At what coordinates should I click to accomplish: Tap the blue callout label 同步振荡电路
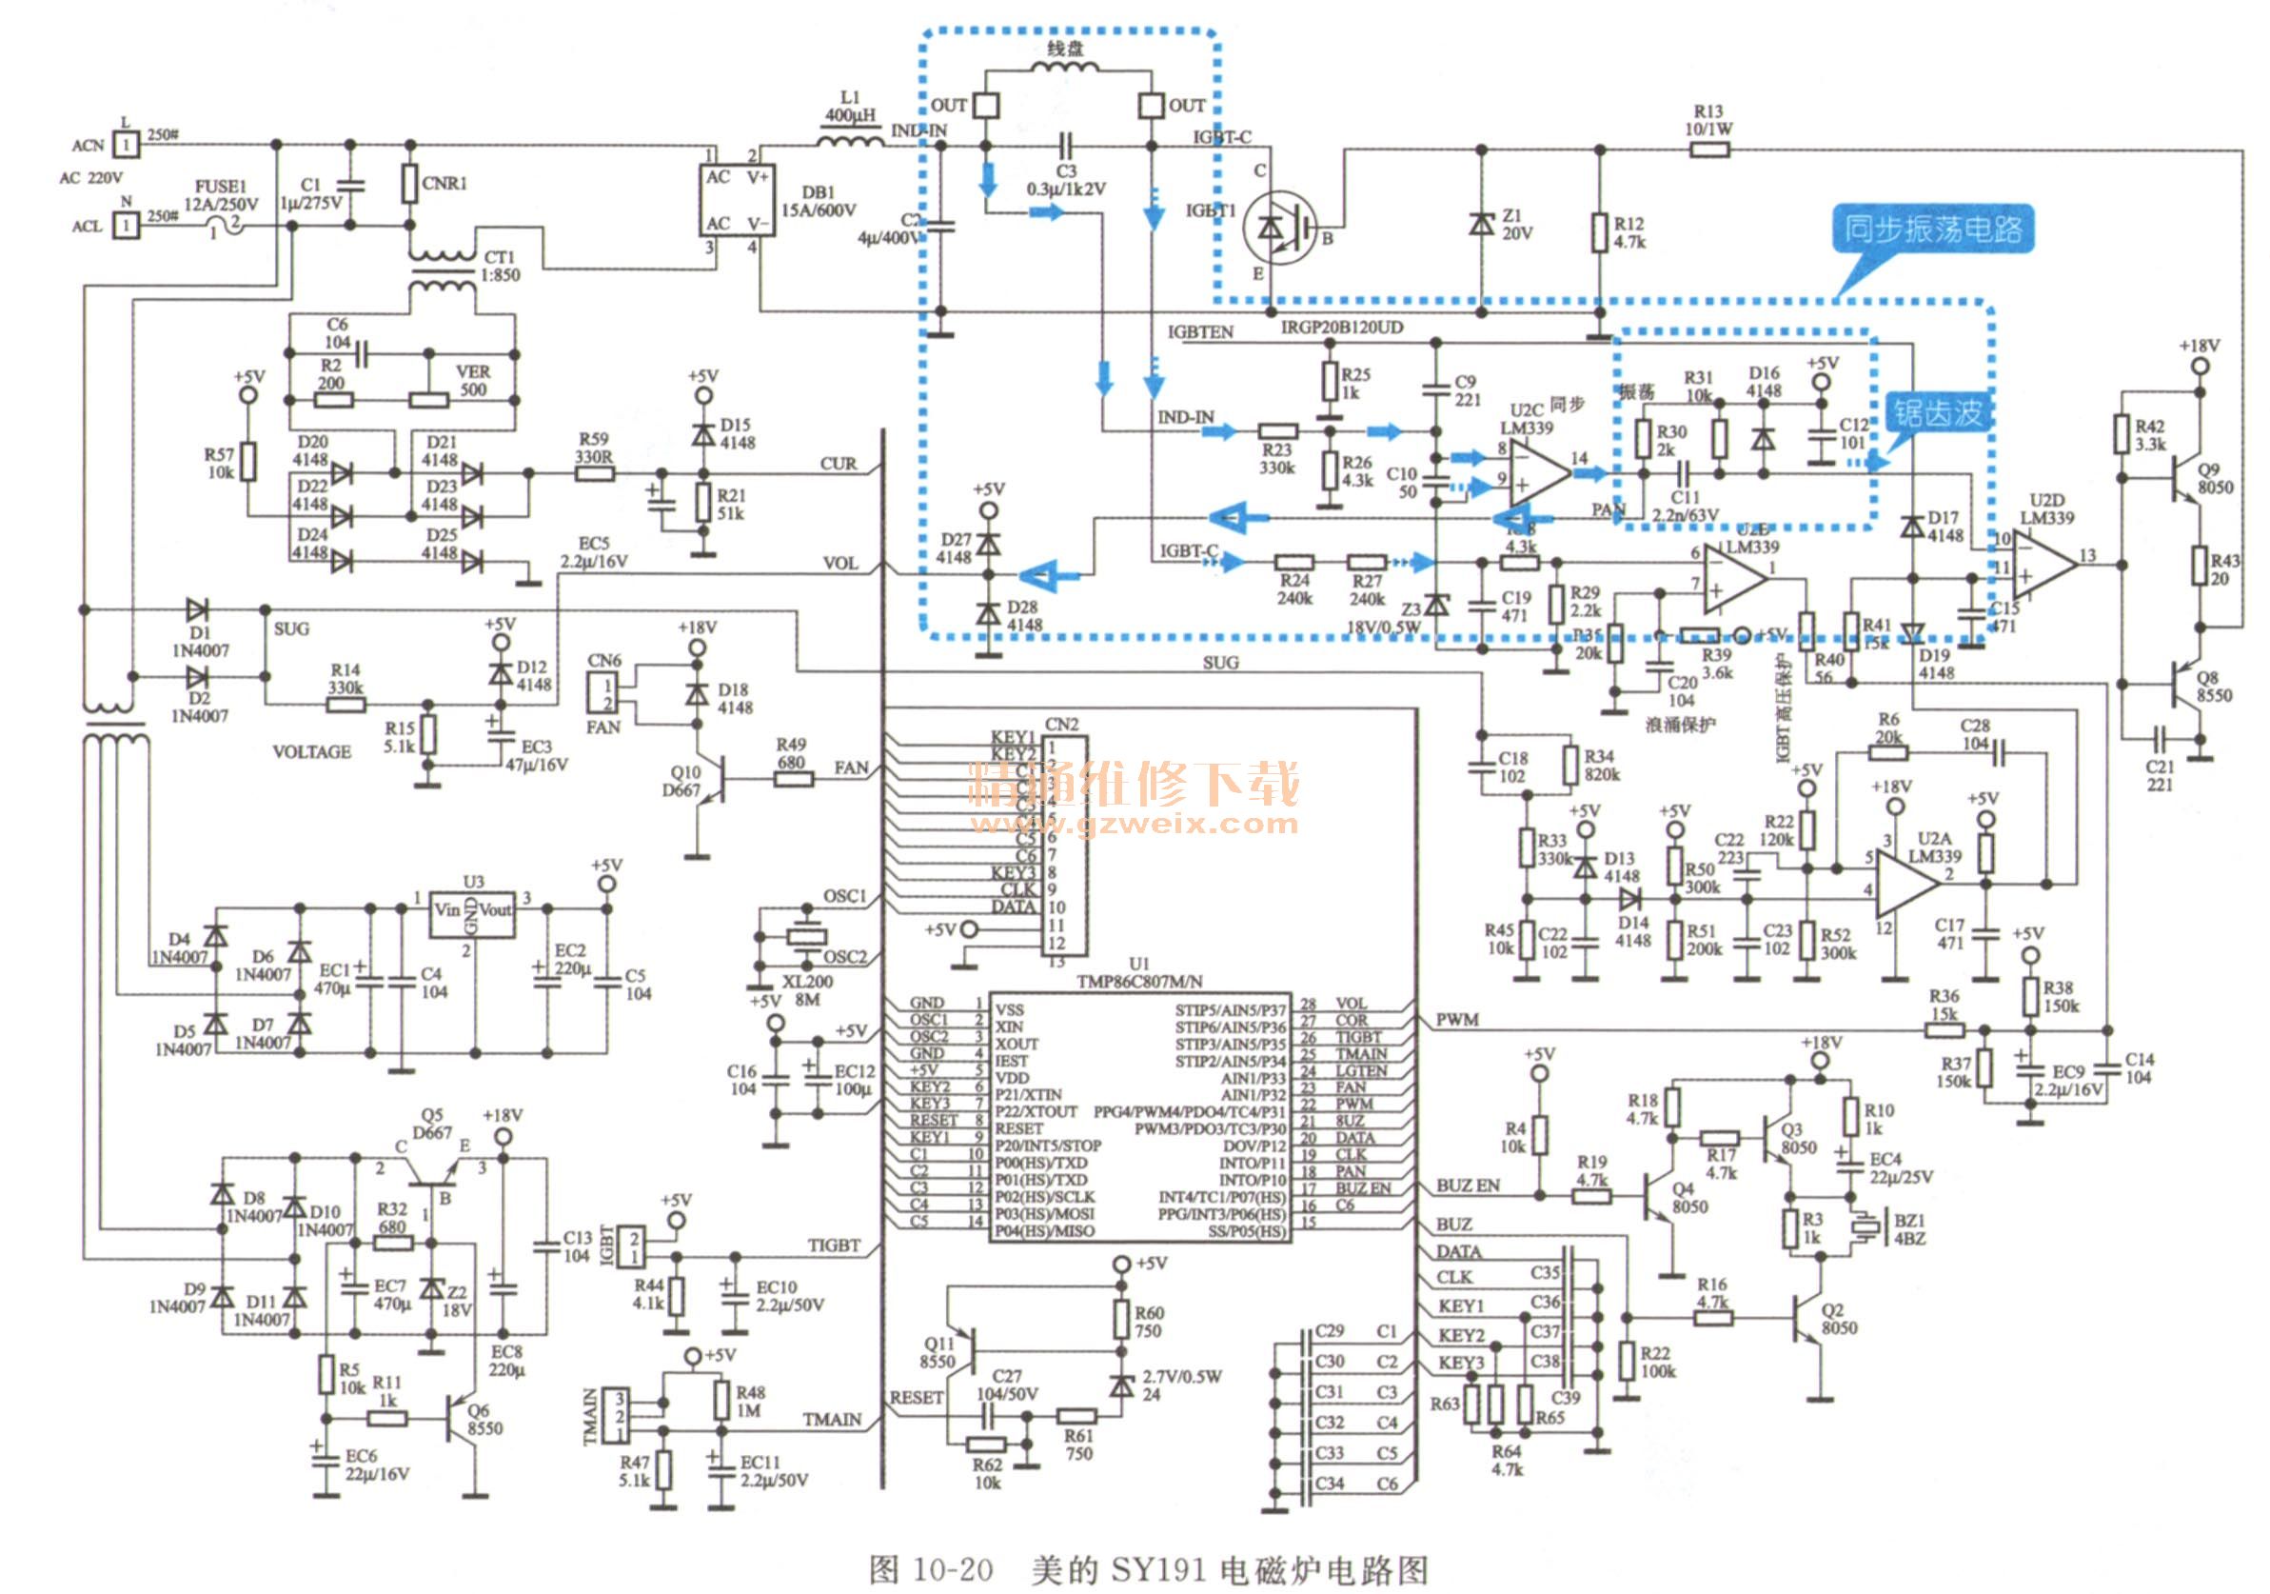tap(1932, 229)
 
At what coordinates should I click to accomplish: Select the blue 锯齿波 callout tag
tap(1938, 412)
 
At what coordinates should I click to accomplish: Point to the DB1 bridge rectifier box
tap(738, 201)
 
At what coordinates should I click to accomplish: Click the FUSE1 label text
tap(221, 186)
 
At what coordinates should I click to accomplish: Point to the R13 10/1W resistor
tap(1709, 150)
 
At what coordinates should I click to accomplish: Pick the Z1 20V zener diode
tap(1481, 224)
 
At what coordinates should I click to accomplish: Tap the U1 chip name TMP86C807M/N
tap(1140, 981)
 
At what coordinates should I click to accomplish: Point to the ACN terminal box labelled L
tap(125, 146)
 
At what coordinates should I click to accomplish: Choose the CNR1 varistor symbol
tap(409, 184)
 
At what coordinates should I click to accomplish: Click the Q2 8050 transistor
tap(1811, 1318)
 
